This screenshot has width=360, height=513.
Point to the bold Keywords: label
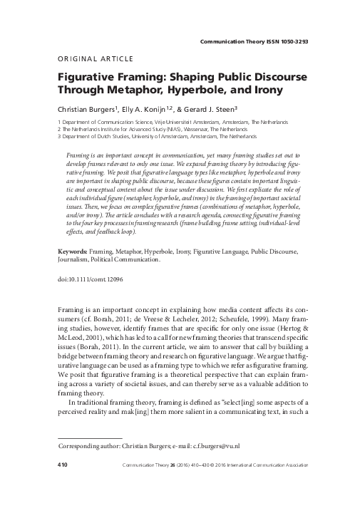71,252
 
